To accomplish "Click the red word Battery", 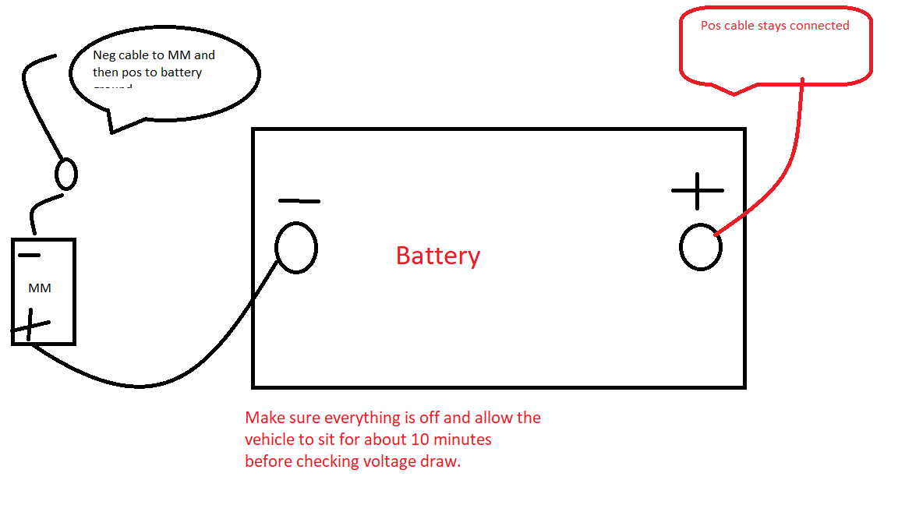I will pos(438,256).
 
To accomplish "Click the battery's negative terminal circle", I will pos(296,248).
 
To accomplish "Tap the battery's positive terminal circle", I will pos(700,247).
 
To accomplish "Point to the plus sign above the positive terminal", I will pos(698,190).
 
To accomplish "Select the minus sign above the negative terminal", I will pos(299,201).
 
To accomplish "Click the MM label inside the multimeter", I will pos(40,288).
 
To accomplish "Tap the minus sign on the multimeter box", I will pos(30,255).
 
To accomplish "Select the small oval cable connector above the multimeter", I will pos(66,173).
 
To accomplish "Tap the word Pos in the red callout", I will pos(710,26).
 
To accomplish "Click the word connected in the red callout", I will pos(819,26).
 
